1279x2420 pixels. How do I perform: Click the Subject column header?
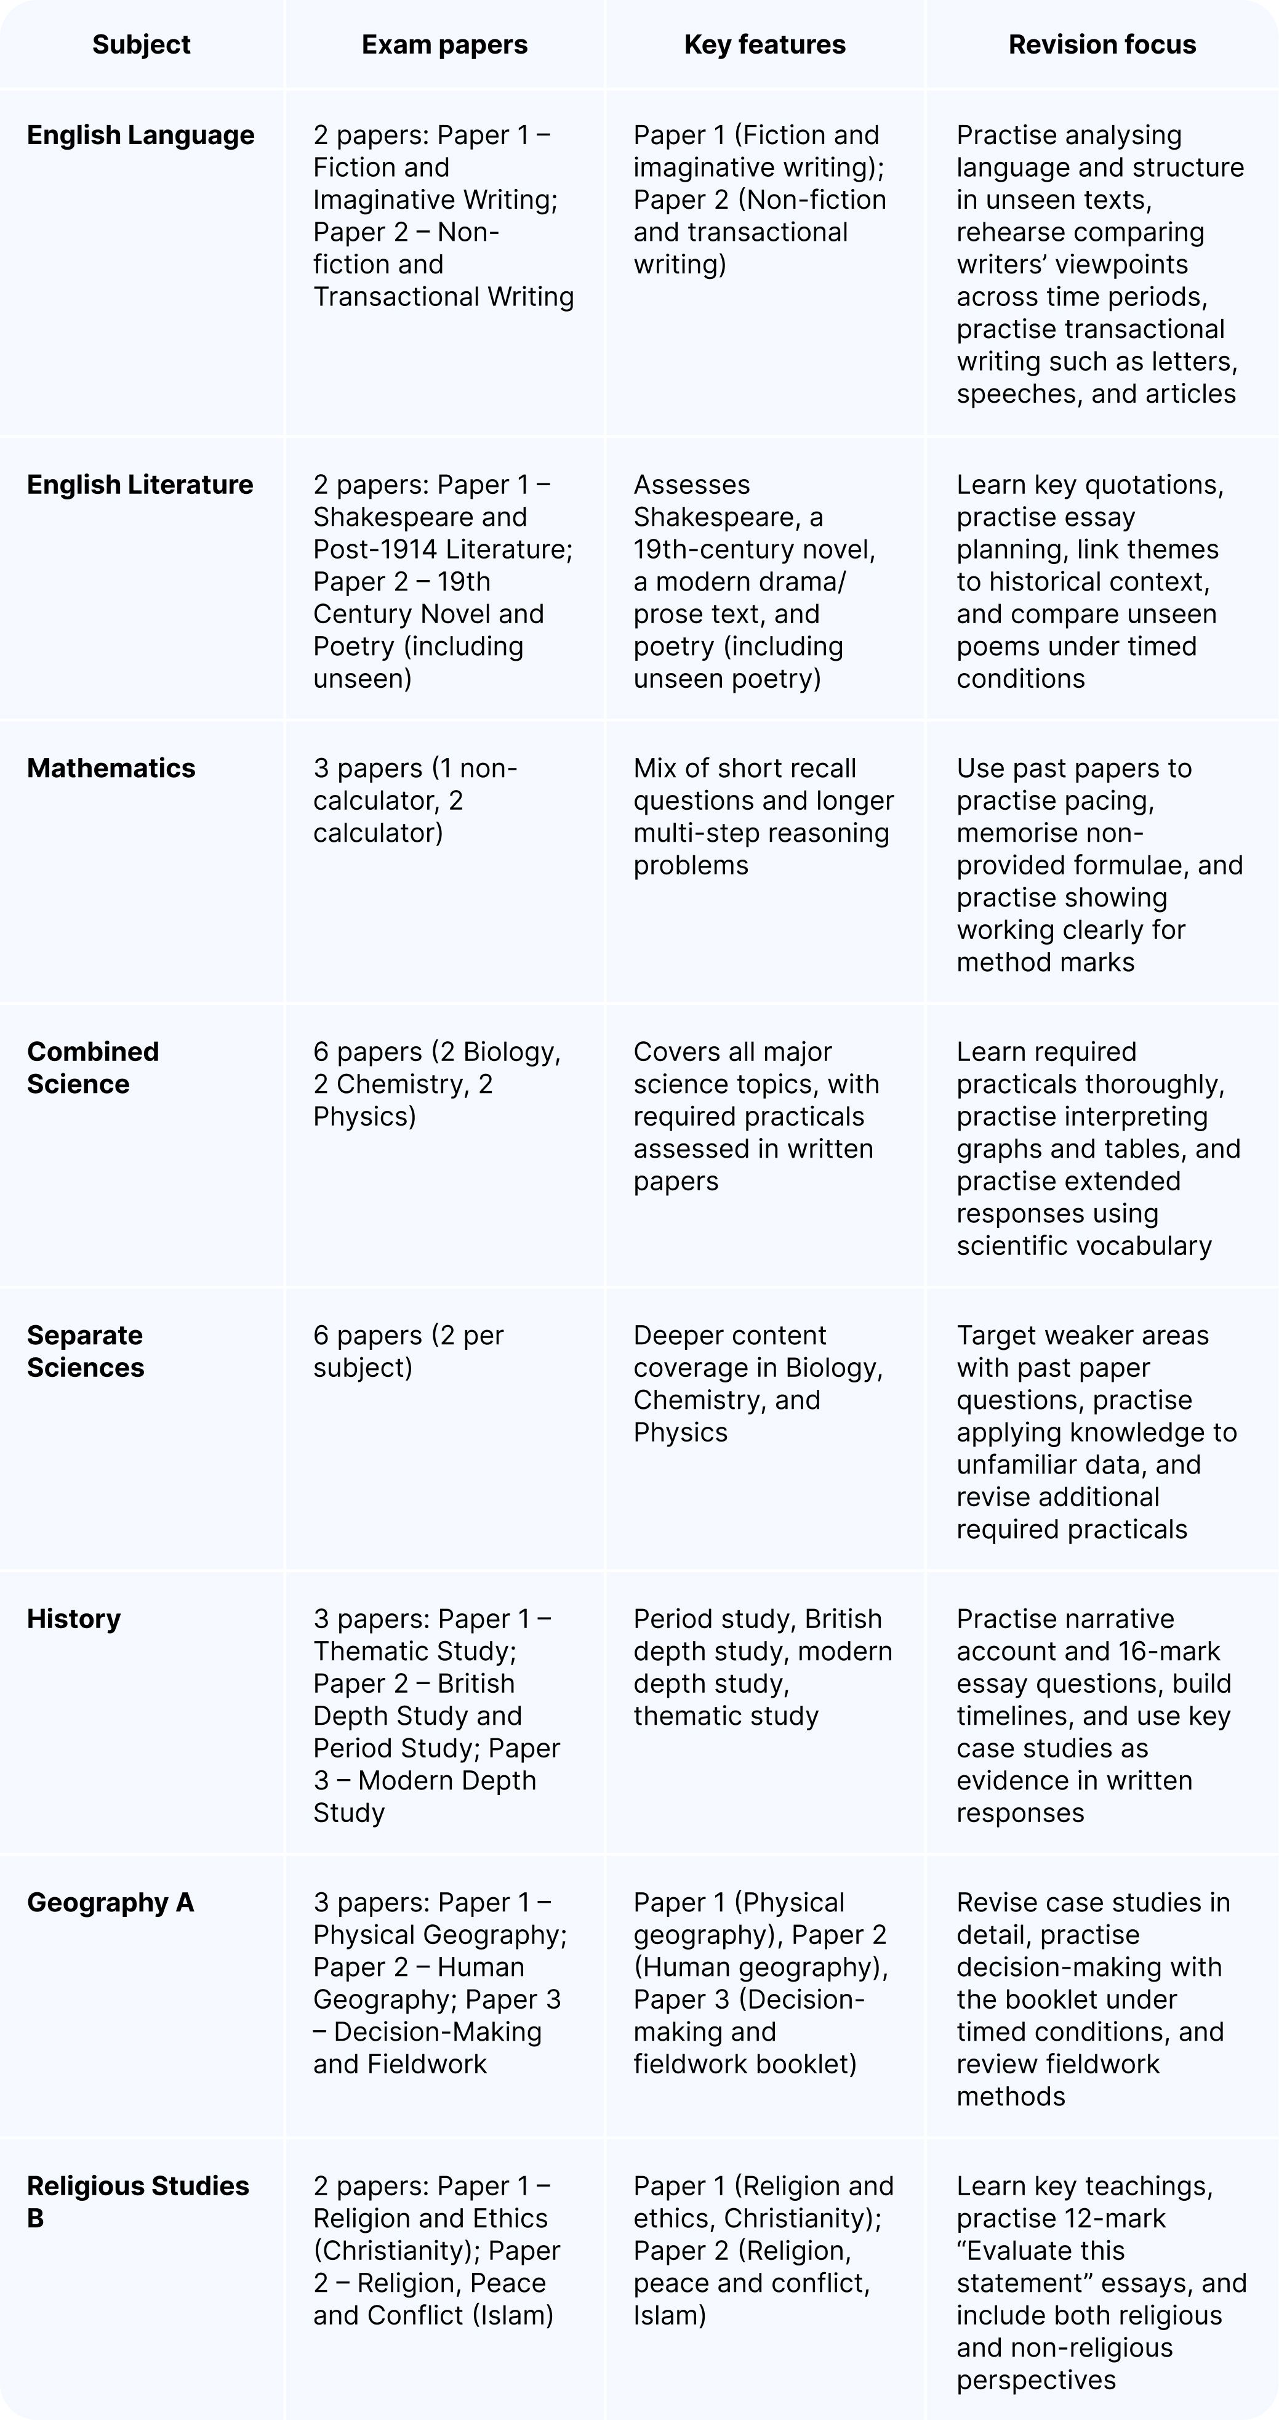[141, 44]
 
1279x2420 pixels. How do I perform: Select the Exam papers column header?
[444, 44]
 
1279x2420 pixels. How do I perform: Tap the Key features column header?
[764, 44]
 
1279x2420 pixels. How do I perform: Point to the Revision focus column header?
[1102, 44]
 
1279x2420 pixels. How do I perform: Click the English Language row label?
[141, 135]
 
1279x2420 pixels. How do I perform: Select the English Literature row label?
[140, 485]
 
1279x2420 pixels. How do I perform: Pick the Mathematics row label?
[111, 768]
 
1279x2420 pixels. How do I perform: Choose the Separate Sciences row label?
[86, 1351]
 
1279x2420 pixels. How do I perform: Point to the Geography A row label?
[110, 1902]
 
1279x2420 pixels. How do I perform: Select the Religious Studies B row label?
[137, 2202]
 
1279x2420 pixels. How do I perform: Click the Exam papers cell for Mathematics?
[415, 801]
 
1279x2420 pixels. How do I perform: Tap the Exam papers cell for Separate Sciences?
[409, 1351]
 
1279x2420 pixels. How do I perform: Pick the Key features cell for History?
[763, 1668]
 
